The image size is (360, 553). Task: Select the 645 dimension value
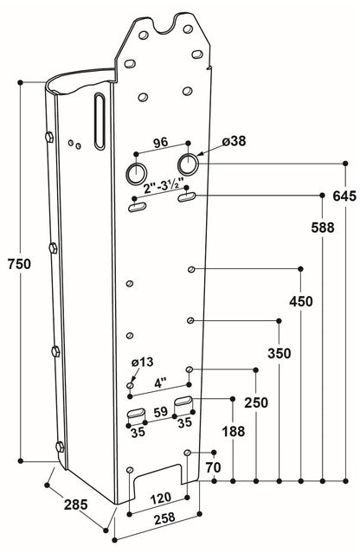pyautogui.click(x=344, y=196)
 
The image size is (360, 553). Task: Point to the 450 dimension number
pyautogui.click(x=300, y=301)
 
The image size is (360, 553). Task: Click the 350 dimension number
pyautogui.click(x=279, y=353)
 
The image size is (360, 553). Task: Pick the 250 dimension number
pyautogui.click(x=256, y=403)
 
